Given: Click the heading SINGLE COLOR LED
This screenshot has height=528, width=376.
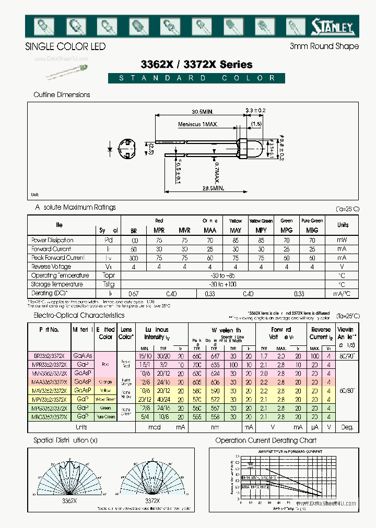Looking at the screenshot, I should pos(65,46).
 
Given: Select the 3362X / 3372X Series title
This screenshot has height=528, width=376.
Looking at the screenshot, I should pos(197,65).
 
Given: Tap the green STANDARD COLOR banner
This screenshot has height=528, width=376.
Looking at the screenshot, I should pos(197,78).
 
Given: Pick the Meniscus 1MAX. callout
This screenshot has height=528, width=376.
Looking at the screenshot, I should pos(198,124).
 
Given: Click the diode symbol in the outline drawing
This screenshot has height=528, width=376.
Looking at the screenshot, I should pos(111,149).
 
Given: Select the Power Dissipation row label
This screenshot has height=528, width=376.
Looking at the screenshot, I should pos(52,241).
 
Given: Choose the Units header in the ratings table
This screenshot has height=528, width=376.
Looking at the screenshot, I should pos(343,225).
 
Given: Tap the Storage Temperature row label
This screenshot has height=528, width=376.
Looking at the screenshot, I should pos(56,284).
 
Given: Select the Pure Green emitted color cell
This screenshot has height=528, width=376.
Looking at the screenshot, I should pos(105,417).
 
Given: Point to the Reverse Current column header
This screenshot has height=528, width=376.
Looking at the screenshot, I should pos(321,333).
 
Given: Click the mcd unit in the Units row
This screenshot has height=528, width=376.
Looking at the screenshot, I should pos(154,427).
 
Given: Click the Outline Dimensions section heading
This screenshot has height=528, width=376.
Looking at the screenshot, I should pos(62,95).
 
